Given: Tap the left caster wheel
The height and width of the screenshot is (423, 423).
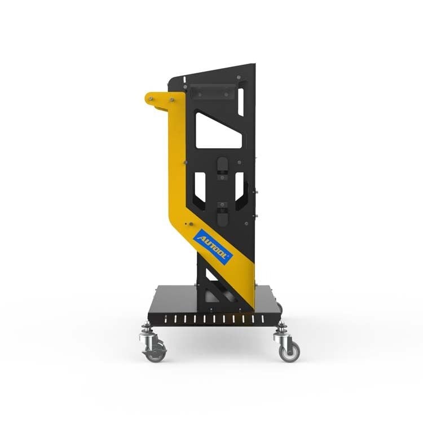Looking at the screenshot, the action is pos(154,352).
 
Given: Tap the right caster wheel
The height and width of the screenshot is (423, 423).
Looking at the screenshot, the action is pos(289,352).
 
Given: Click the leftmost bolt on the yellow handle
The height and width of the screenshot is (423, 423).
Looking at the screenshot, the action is pos(150,99).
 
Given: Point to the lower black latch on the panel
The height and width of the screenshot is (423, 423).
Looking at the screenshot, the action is pos(222,214).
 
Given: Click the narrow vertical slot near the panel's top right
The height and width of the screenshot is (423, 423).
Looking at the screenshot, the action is pos(241,102).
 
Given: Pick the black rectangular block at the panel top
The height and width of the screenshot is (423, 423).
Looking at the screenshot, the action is pos(213,91).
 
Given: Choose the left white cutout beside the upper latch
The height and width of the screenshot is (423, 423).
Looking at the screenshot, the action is pos(200,187).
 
